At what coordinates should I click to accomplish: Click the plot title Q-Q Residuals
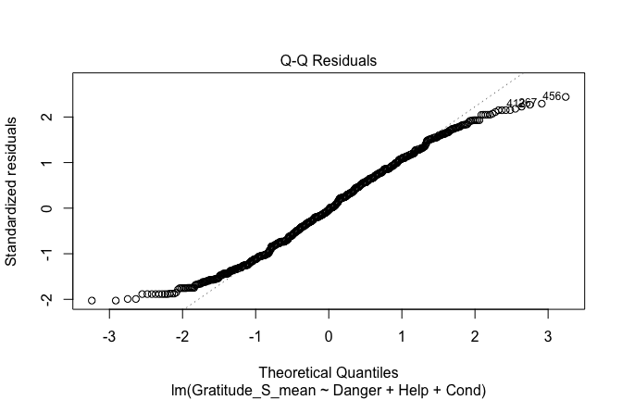[329, 60]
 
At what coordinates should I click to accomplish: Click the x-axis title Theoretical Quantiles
[329, 371]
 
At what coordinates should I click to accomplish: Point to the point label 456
[552, 95]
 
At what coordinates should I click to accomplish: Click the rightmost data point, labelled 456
[566, 97]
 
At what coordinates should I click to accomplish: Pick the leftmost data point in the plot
[92, 300]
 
